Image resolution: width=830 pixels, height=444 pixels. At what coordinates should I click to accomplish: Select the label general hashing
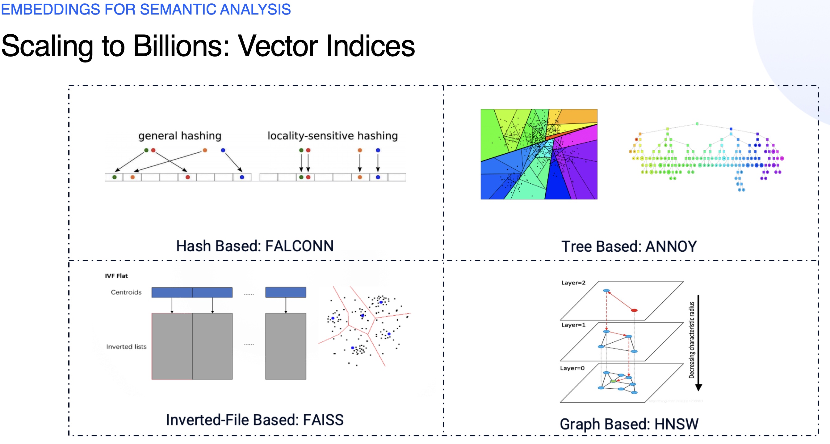180,136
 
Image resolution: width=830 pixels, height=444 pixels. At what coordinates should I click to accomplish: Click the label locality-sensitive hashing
333,136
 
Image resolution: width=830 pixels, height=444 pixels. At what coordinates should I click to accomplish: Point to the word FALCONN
299,246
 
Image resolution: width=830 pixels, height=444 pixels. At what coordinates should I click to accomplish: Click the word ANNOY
671,246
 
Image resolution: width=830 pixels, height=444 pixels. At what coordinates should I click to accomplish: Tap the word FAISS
323,420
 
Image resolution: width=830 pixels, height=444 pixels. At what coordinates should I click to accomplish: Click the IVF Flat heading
116,276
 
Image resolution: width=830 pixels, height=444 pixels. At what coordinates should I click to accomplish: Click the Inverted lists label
126,347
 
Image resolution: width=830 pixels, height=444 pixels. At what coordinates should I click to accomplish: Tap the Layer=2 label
573,283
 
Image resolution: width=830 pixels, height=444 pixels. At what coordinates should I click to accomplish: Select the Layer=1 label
573,325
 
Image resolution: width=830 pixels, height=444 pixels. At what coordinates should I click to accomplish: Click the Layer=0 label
572,368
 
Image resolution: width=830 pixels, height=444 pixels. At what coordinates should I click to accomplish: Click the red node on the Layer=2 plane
634,310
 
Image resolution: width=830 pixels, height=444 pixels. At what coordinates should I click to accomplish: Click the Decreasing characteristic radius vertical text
691,340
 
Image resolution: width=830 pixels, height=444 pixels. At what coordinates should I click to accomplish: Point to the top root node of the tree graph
697,124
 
